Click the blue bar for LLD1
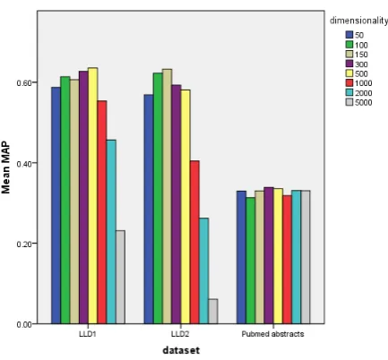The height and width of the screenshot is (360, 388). (56, 205)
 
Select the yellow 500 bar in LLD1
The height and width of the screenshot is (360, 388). (93, 196)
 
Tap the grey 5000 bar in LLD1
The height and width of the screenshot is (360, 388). (121, 277)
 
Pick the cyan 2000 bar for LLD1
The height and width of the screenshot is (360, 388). (111, 232)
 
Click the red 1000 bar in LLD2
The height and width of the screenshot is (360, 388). (194, 242)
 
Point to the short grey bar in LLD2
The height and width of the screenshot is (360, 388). (213, 312)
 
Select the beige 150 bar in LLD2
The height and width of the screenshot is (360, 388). (168, 196)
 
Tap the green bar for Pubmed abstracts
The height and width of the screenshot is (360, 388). (250, 261)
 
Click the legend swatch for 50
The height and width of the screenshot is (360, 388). (349, 35)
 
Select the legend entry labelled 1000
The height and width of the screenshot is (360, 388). (358, 83)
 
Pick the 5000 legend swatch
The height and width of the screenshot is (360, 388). (349, 102)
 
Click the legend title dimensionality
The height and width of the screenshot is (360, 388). (358, 21)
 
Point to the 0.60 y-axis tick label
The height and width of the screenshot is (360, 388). (23, 82)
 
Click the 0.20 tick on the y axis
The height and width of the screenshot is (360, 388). (23, 244)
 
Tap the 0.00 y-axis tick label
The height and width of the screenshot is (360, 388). (23, 324)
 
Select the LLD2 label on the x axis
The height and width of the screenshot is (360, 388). (180, 334)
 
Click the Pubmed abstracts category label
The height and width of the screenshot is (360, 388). (272, 334)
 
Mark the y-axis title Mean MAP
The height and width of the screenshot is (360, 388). (5, 168)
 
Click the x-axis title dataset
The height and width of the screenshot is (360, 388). (181, 350)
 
